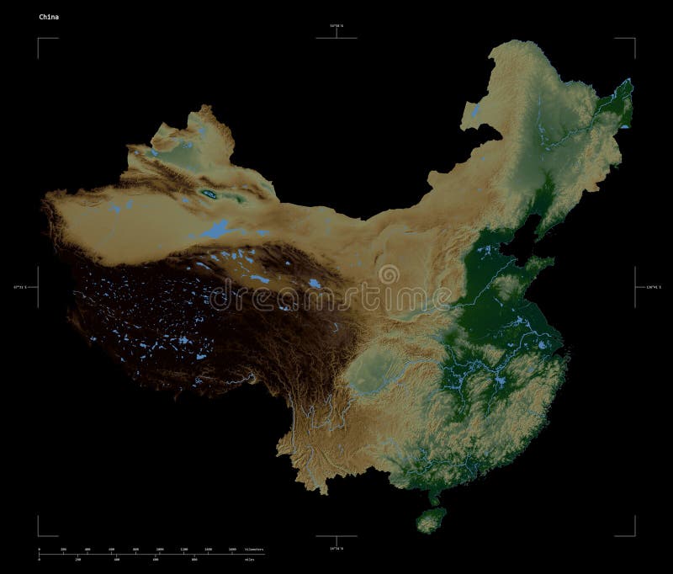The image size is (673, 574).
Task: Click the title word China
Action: coord(47,16)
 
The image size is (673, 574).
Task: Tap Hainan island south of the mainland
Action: coord(432,520)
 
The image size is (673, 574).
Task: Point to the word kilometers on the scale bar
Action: coord(252,549)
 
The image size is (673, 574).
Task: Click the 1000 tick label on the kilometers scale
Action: coord(159,549)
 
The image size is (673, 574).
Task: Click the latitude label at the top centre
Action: coord(336,28)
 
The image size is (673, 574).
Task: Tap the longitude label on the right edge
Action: coord(653,287)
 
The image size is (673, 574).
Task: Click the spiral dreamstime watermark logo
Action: coord(389,274)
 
